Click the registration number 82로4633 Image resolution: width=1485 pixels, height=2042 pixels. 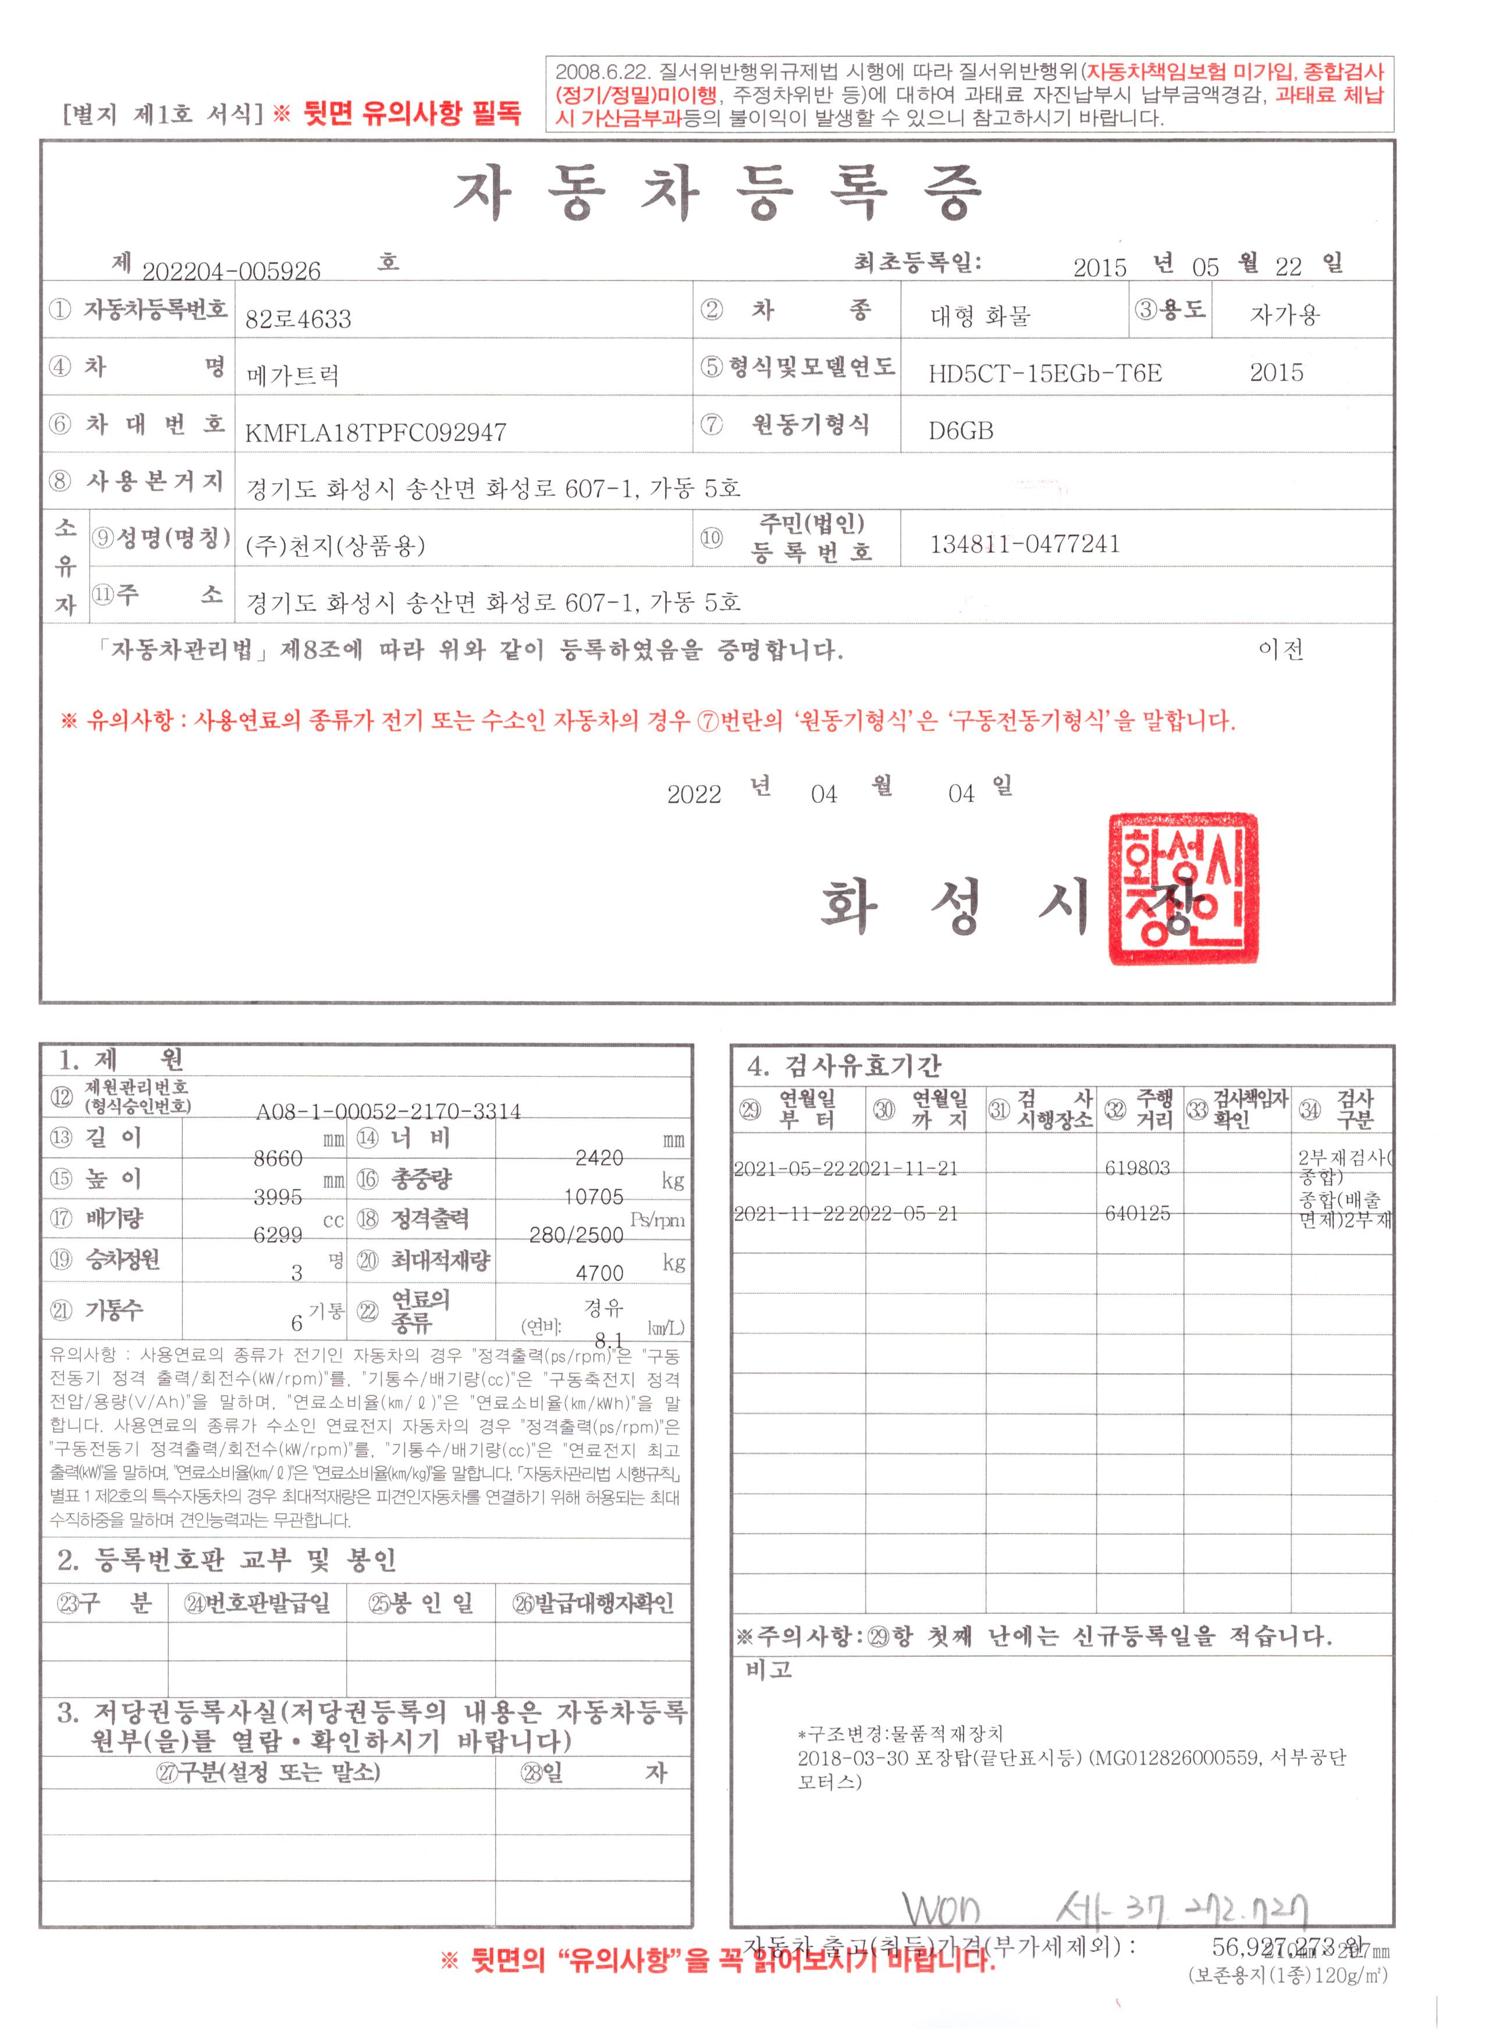point(298,319)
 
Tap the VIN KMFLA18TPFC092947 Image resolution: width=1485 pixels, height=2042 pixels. point(375,433)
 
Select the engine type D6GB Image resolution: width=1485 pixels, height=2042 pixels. point(961,431)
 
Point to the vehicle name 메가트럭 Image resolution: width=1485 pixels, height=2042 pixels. point(293,375)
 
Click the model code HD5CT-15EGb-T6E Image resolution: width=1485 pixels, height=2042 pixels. point(1045,373)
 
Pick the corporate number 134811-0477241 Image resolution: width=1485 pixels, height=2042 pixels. point(1025,545)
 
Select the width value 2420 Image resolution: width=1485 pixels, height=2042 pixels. point(599,1158)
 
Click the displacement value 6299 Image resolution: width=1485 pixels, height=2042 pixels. point(278,1235)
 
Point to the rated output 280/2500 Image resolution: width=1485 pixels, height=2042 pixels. point(576,1235)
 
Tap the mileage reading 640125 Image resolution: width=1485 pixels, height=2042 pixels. point(1138,1214)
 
